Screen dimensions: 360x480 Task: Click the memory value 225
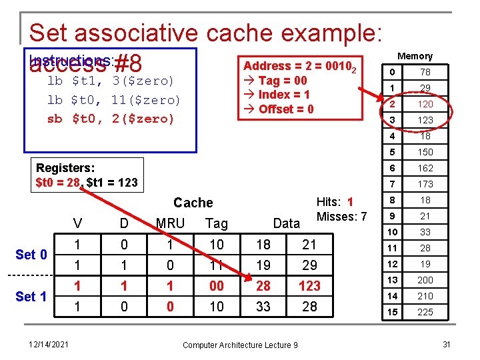pos(425,312)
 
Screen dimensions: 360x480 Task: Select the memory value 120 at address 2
pos(425,104)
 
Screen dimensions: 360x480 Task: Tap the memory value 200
pos(425,280)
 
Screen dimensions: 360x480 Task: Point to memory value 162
pos(425,168)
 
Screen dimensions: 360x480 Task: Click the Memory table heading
pos(415,57)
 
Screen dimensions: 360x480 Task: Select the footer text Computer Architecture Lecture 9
pos(240,344)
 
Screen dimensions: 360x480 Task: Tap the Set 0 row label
pos(31,254)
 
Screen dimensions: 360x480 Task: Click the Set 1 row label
pos(31,296)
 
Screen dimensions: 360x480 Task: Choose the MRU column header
pos(170,223)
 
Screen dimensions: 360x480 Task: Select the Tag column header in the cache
pos(217,223)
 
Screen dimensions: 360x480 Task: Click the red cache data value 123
pos(309,286)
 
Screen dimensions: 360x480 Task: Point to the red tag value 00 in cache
pos(217,286)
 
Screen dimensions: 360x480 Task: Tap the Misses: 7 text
pos(341,217)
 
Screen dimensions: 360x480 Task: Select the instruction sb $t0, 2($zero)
pos(111,119)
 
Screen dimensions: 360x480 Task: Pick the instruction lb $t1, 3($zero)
pos(111,81)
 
